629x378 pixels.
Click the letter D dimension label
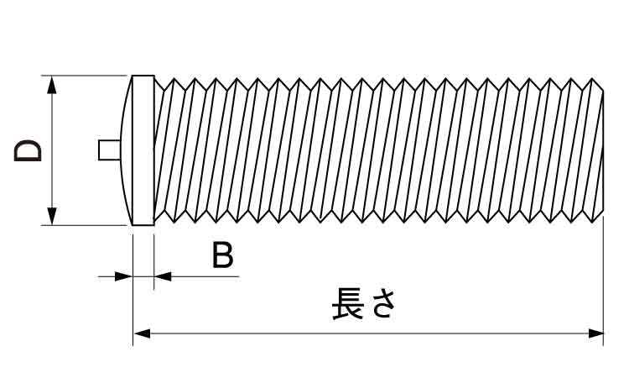pos(27,151)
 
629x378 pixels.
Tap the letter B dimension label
pos(222,255)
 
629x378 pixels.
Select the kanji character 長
pos(348,304)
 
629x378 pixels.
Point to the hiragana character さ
pos(382,304)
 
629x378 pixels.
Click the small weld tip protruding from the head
pos(107,150)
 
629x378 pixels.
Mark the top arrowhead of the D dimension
pos(53,84)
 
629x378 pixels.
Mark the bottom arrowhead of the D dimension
pos(53,217)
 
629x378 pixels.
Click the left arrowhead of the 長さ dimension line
pos(142,333)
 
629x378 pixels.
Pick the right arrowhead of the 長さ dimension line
pos(595,333)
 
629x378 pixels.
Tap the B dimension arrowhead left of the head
pos(124,276)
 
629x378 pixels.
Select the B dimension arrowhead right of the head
pos(163,276)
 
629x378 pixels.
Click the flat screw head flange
pos(143,151)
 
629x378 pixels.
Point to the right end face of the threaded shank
pos(603,151)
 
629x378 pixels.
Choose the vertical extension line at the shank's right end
pos(604,277)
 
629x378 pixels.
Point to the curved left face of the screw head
pos(126,151)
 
